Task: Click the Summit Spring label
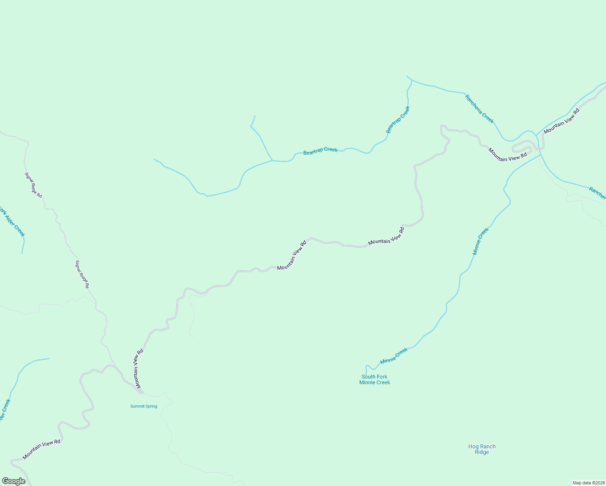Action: (x=143, y=406)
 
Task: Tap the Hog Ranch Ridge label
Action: (x=482, y=449)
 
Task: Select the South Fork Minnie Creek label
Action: (x=374, y=379)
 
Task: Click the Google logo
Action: (x=13, y=481)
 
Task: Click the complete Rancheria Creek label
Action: (x=479, y=109)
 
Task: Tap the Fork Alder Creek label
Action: (x=12, y=221)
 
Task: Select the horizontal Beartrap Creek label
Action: (x=320, y=151)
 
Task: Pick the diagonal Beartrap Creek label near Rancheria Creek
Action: (x=398, y=119)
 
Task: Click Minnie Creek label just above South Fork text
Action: (x=394, y=356)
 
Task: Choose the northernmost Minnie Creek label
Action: (x=480, y=241)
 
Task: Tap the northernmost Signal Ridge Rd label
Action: (x=33, y=185)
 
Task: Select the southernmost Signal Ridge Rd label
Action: (x=82, y=274)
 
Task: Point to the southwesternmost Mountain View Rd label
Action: (x=41, y=449)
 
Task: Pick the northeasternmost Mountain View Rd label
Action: (x=561, y=121)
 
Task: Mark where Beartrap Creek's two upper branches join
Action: (x=272, y=160)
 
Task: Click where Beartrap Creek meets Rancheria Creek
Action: (x=412, y=80)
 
